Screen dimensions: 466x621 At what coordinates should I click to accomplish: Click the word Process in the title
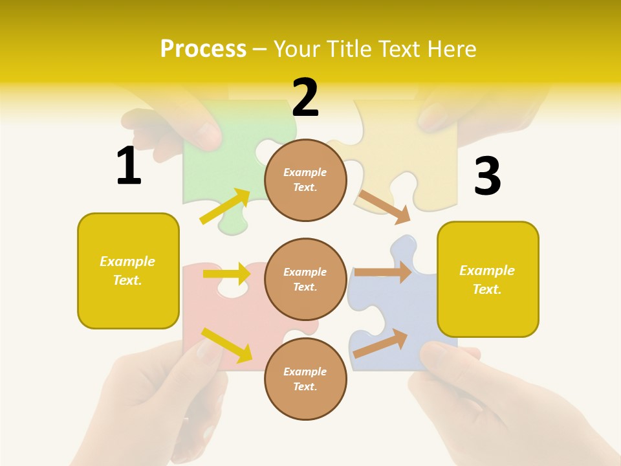[203, 49]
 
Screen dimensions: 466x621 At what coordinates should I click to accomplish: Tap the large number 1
[129, 166]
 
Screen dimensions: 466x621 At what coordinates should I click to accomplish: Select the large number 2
[305, 98]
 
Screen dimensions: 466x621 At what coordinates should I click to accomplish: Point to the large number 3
[487, 177]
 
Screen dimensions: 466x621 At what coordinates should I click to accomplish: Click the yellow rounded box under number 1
[128, 271]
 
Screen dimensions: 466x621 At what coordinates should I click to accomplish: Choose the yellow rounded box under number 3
[488, 280]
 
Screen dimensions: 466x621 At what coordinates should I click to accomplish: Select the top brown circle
[305, 180]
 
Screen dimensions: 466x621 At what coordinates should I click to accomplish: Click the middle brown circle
[305, 280]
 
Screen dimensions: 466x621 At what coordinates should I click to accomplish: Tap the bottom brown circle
[305, 379]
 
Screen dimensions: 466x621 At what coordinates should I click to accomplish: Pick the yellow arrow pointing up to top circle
[225, 206]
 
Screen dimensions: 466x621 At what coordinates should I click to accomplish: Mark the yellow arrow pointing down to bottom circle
[226, 344]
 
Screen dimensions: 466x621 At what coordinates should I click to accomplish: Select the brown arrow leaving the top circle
[384, 206]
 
